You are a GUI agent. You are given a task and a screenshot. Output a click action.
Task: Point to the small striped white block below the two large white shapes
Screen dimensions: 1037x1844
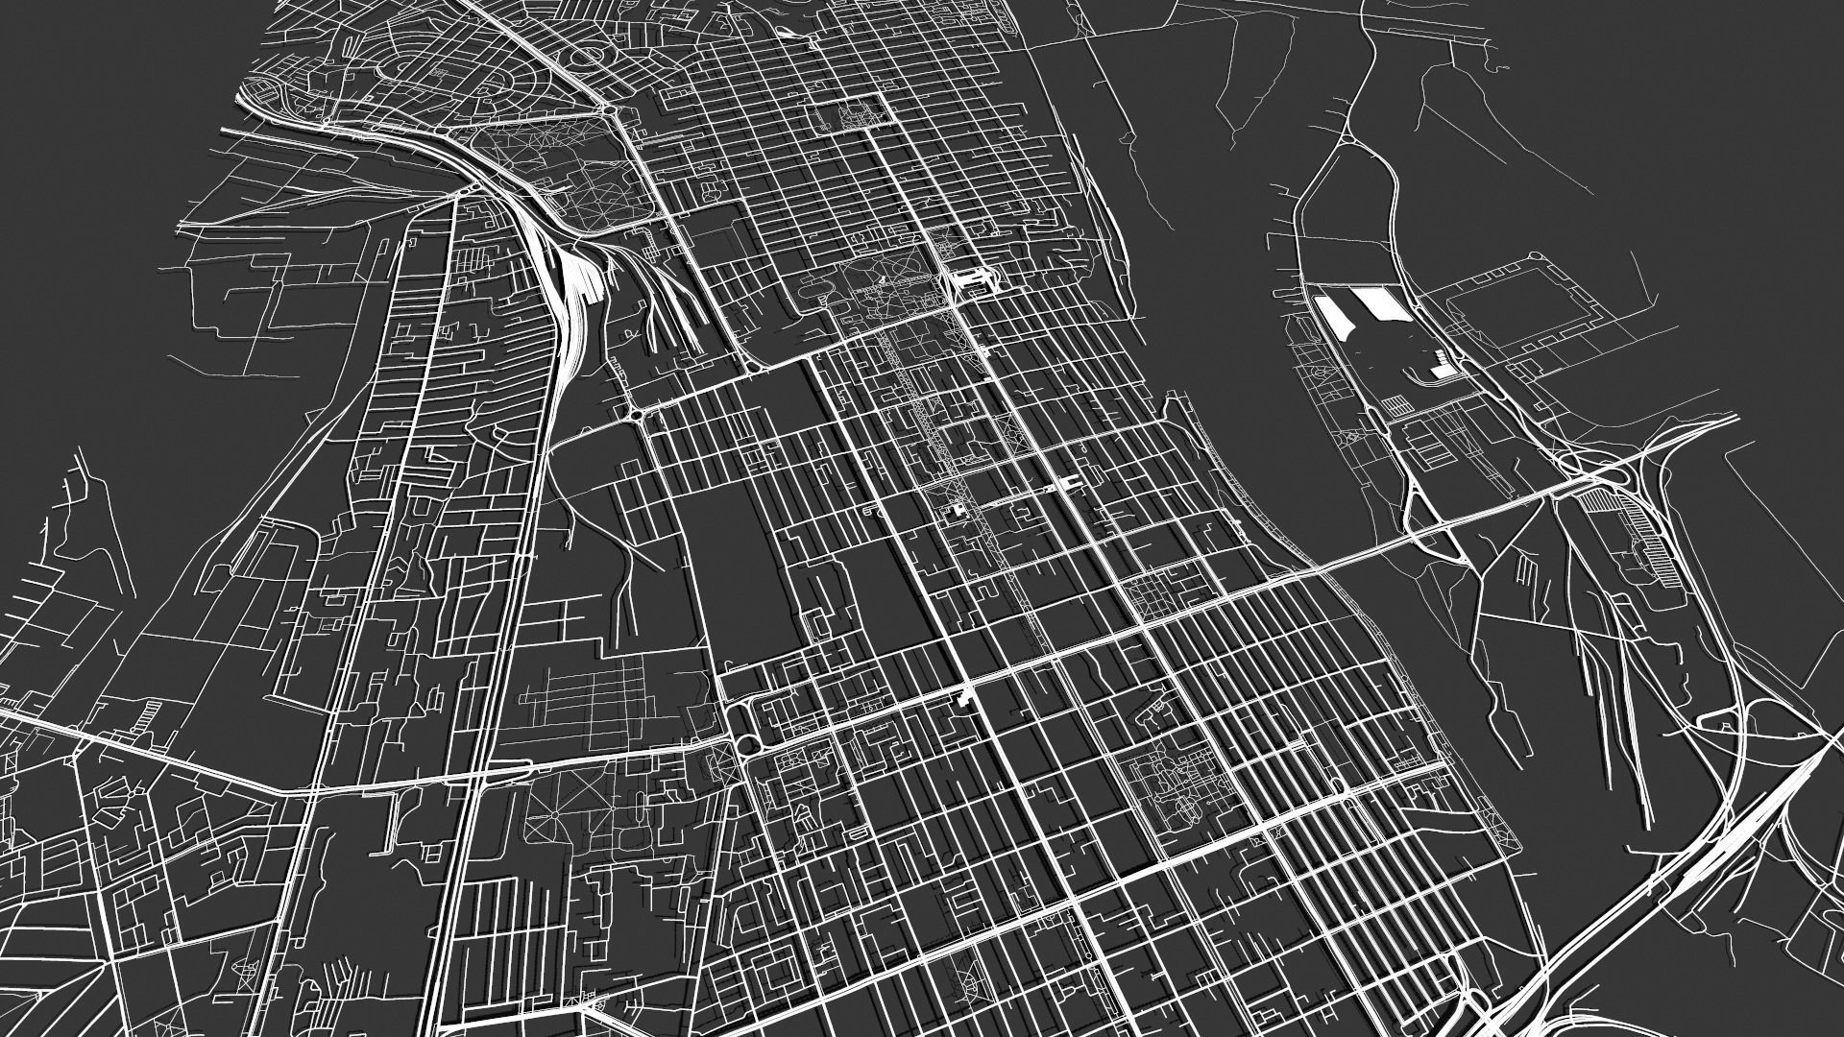click(1442, 365)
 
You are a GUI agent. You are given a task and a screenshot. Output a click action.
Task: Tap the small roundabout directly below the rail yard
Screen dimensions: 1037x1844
click(633, 414)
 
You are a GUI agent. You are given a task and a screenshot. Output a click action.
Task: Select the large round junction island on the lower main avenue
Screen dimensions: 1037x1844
click(744, 747)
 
